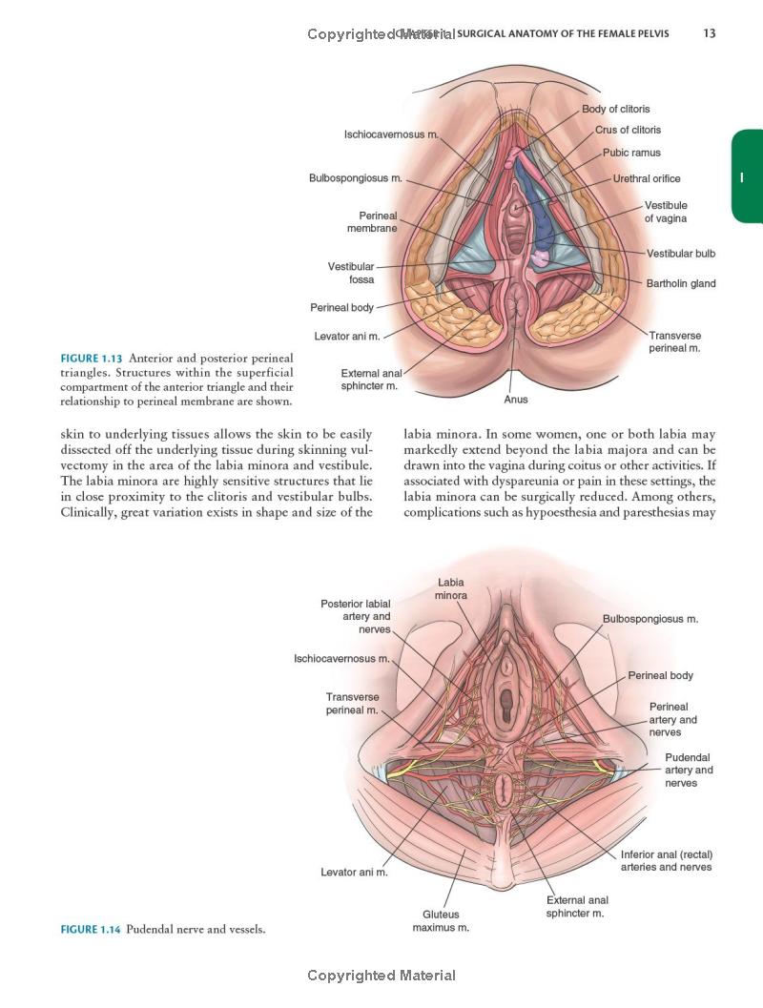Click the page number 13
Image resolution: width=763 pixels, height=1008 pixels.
[x=709, y=33]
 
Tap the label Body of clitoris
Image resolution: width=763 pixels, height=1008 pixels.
[x=616, y=109]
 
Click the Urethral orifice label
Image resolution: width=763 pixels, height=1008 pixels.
[x=647, y=178]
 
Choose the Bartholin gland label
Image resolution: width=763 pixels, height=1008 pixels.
[x=681, y=283]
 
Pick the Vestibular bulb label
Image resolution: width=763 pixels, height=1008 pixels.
[x=681, y=254]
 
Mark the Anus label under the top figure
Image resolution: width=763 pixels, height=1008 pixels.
[x=515, y=400]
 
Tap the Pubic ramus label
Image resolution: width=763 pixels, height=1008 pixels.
[x=631, y=153]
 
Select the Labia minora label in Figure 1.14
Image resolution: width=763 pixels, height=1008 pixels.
[x=451, y=588]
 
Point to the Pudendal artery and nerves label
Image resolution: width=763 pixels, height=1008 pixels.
[x=689, y=770]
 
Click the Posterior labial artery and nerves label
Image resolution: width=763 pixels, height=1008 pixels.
[x=356, y=616]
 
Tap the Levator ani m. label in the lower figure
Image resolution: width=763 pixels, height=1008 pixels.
[x=354, y=872]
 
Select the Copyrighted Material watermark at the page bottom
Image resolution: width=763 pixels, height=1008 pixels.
[x=381, y=976]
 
